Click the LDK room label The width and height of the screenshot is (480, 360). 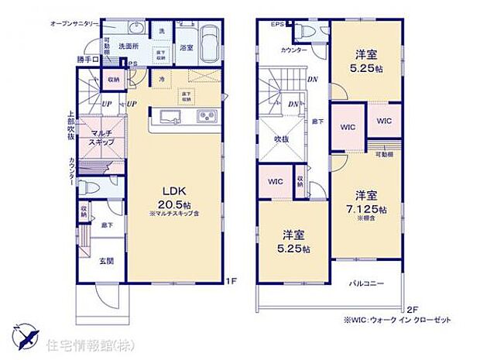(171, 190)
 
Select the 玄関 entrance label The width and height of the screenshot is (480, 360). (107, 261)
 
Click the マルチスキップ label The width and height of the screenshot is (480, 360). (102, 139)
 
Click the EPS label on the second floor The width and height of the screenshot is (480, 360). (277, 24)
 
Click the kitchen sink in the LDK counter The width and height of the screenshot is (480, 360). (170, 118)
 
